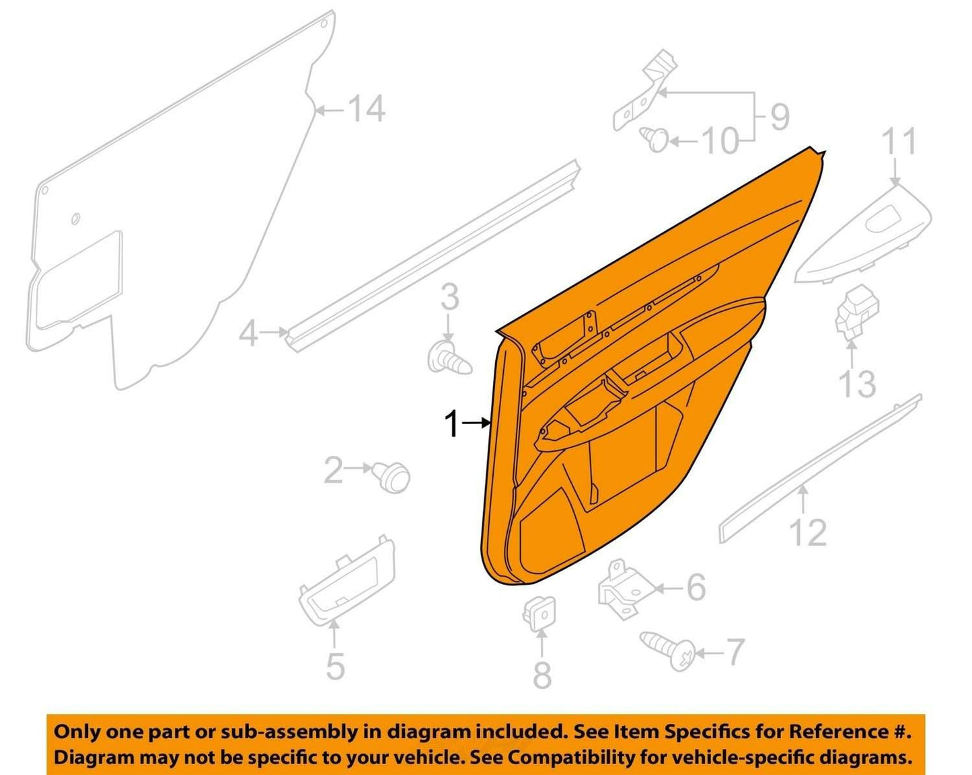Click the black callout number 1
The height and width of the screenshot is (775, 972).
click(451, 424)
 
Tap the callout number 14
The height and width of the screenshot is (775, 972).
click(368, 109)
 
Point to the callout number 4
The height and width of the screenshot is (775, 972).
click(248, 335)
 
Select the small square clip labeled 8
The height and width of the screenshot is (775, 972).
click(539, 614)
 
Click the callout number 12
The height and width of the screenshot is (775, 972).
click(808, 532)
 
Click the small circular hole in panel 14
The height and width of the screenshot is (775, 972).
click(75, 218)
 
